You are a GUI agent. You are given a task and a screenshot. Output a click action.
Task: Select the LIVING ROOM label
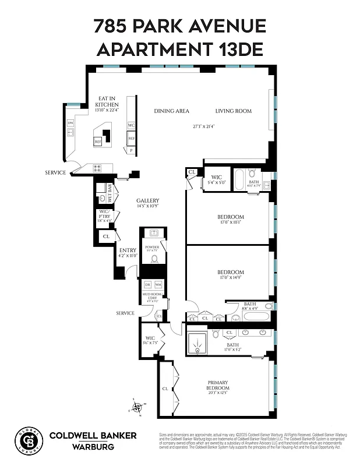[233, 111]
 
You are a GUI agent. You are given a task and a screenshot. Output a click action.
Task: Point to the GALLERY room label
[147, 200]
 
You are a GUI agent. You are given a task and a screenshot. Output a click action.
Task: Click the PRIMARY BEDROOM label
[218, 386]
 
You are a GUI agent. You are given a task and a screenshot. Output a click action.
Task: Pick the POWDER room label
[152, 248]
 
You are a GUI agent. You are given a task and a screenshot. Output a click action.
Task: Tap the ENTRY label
[128, 250]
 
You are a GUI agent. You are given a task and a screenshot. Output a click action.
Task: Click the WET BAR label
[110, 192]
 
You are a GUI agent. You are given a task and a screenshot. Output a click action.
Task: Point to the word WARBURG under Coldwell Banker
[93, 447]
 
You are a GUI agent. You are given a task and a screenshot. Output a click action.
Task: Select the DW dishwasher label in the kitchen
[70, 123]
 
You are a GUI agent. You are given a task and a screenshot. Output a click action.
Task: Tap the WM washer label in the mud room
[158, 284]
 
